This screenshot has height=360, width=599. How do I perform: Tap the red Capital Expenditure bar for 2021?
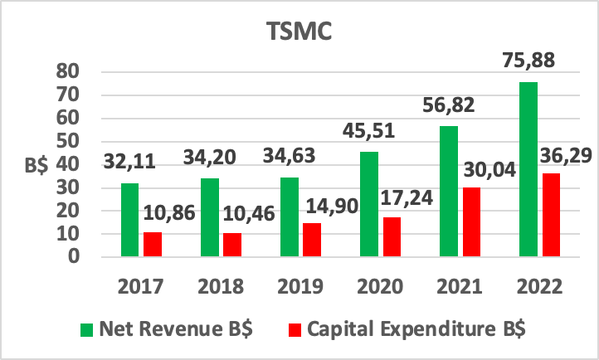coord(470,221)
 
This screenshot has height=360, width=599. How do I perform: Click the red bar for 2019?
coord(312,239)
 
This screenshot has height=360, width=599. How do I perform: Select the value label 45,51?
coord(368,131)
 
